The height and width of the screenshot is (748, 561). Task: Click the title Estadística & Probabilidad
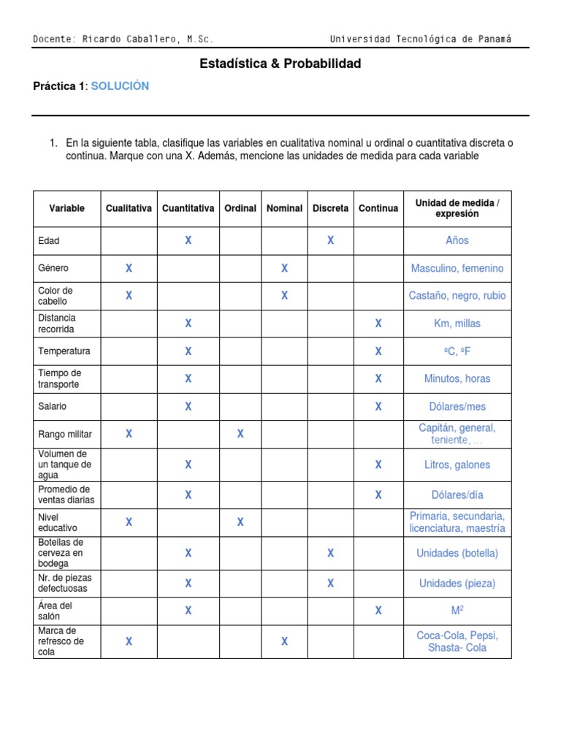(280, 64)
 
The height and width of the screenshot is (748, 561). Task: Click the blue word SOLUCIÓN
(120, 86)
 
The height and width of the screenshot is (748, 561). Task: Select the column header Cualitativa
(129, 208)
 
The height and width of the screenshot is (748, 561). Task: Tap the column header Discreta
(330, 208)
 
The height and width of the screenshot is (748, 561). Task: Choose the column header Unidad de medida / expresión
(457, 208)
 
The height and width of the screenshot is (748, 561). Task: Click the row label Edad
(49, 240)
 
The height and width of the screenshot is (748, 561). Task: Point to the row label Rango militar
(65, 434)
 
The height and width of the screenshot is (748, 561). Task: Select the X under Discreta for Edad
(330, 240)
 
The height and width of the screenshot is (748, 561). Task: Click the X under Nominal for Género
(284, 268)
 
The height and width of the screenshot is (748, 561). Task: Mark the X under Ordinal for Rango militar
(240, 434)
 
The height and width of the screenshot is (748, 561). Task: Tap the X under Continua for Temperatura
(378, 351)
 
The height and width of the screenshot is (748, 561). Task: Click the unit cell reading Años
(457, 240)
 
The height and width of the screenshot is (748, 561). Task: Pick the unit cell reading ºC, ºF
(457, 351)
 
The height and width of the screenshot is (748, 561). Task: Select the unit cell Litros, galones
(457, 465)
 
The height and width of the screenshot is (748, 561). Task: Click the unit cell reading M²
(457, 610)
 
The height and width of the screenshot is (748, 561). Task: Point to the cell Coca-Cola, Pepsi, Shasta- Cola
(457, 641)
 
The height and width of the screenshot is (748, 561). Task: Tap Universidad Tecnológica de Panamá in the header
(421, 39)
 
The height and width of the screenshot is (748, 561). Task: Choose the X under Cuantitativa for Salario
(188, 406)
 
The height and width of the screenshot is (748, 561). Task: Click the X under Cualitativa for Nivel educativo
(129, 522)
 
